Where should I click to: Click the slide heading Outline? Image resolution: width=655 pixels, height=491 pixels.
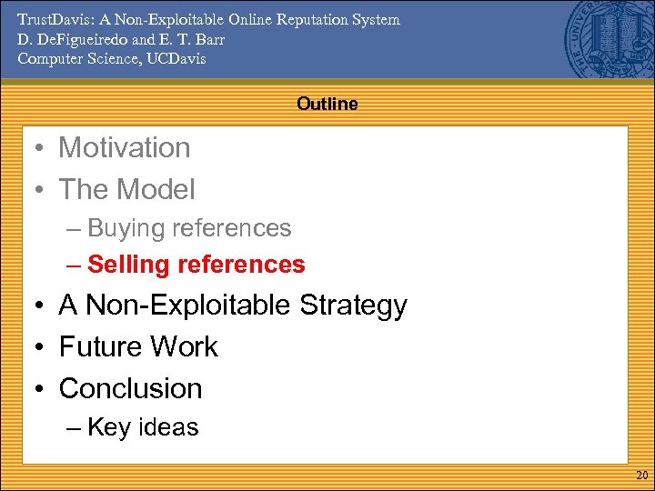[x=327, y=105]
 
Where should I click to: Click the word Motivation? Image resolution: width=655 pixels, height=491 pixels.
[x=125, y=148]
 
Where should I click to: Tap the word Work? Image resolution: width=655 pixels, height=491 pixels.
[x=184, y=347]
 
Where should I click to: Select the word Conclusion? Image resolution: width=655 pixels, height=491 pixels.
[x=130, y=389]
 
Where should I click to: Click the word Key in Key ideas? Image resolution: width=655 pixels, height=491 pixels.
[x=108, y=428]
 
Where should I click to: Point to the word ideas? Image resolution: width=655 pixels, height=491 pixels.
[x=167, y=427]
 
